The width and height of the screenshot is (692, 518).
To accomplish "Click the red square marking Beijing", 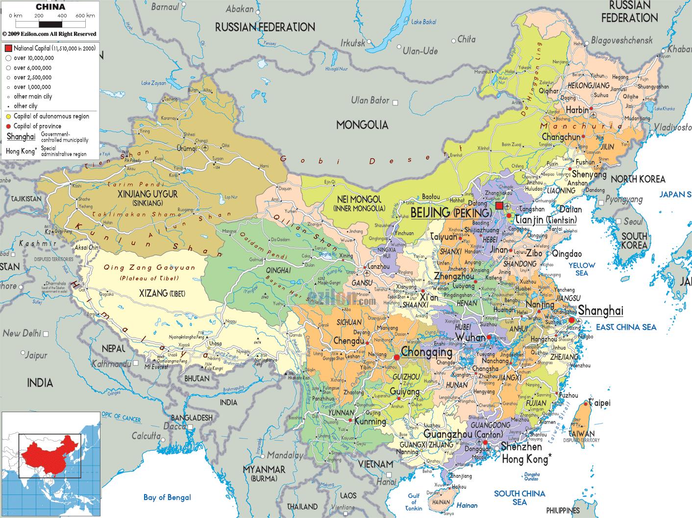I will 499,206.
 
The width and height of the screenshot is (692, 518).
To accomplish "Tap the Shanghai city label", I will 600,311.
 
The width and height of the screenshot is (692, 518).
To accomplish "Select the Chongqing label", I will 426,352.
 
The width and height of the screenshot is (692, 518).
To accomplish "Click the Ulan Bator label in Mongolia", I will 370,100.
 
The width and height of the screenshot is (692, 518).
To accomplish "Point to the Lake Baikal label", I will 423,22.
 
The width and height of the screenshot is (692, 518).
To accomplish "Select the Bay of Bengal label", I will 167,497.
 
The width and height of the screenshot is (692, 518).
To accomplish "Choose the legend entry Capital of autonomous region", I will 51,116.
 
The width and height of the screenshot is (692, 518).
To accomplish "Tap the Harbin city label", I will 577,110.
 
